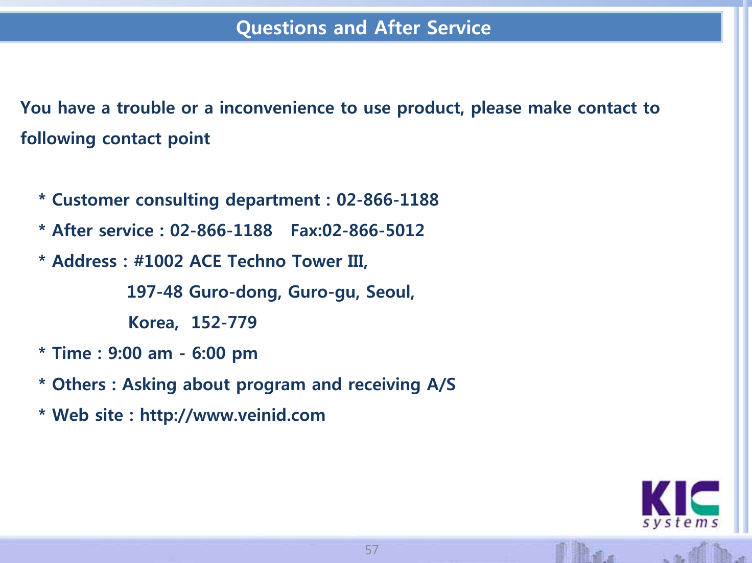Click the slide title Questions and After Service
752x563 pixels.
[364, 28]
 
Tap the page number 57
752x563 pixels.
[372, 550]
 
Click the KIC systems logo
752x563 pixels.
[680, 504]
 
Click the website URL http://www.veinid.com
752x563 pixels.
[232, 415]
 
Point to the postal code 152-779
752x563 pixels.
[224, 322]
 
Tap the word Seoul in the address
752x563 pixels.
[388, 292]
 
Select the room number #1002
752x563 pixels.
[158, 261]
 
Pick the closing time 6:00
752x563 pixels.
[208, 353]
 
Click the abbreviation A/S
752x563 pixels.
[441, 384]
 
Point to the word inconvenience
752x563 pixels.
[277, 108]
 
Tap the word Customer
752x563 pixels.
[91, 199]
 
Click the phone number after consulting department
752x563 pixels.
[387, 199]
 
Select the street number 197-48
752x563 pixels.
[155, 292]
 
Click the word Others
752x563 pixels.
[79, 384]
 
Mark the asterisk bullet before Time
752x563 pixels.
[42, 350]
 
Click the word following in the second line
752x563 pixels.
[58, 139]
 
